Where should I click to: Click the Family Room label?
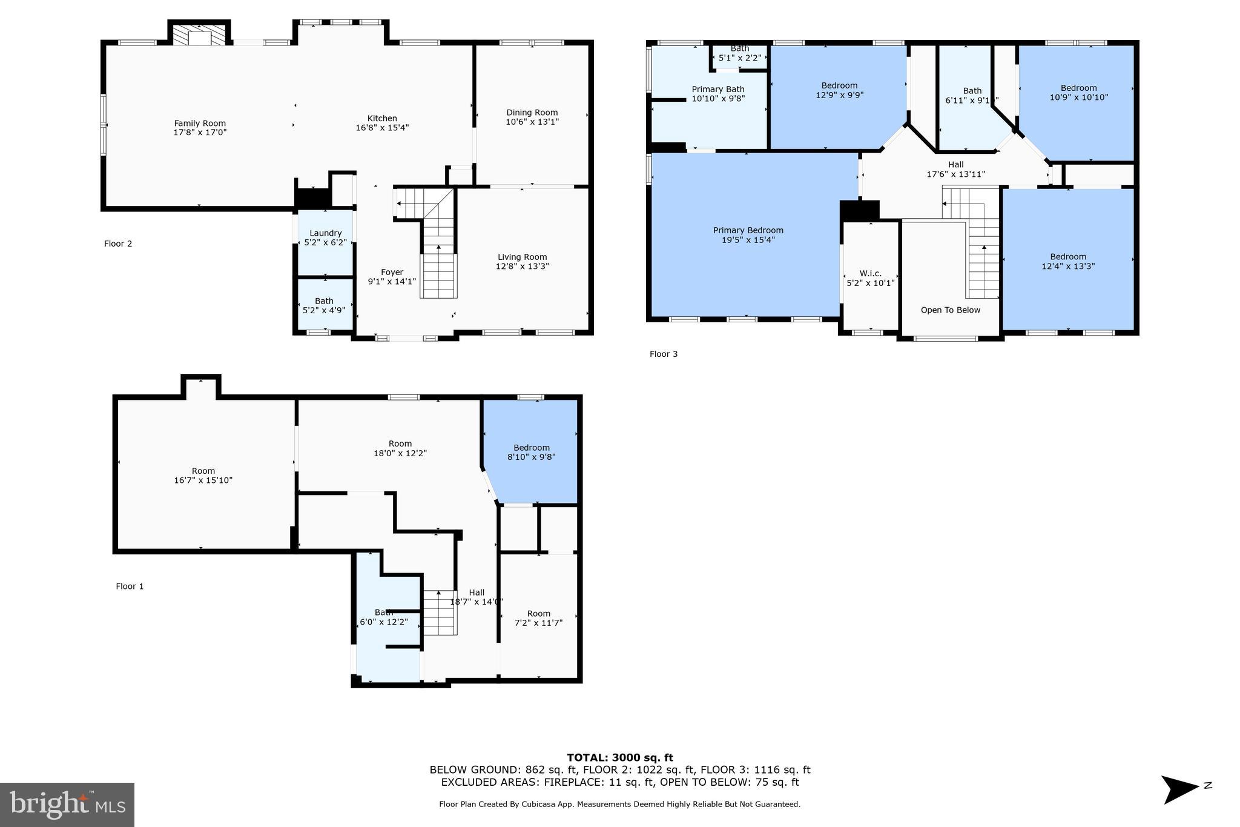200,124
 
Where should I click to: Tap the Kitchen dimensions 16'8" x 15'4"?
382,128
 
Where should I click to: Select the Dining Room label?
532,113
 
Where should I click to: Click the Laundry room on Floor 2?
325,237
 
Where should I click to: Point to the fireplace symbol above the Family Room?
199,35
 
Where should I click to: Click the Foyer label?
392,272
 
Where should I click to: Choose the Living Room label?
522,257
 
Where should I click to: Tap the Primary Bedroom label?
748,230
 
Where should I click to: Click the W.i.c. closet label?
870,274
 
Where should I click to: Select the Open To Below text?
950,310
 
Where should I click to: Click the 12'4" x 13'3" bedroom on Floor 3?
1067,261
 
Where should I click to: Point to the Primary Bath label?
717,90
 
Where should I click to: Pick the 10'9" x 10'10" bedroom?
1078,93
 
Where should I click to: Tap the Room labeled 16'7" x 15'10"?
203,476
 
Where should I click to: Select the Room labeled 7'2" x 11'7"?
538,618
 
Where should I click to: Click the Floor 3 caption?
663,354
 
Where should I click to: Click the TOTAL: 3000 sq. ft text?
619,757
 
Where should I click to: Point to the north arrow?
1179,789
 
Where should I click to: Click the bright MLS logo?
67,805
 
